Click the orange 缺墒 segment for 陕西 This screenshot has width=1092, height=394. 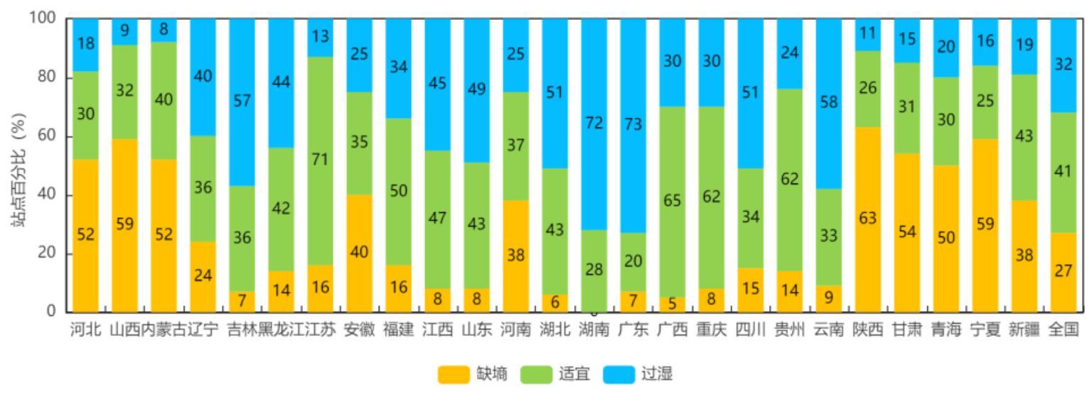(x=867, y=219)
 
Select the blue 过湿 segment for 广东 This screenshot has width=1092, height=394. (x=633, y=125)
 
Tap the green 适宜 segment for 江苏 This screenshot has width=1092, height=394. (x=320, y=160)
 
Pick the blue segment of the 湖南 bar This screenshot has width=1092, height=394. (x=594, y=124)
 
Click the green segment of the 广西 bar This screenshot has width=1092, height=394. (x=672, y=202)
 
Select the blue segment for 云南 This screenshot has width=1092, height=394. (x=828, y=103)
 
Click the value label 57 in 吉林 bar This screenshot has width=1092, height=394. (x=242, y=102)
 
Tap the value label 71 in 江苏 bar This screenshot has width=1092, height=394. (x=320, y=160)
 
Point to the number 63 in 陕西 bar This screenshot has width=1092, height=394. (x=867, y=219)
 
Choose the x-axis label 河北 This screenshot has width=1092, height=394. (x=85, y=330)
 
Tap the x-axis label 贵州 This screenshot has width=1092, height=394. (x=789, y=330)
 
